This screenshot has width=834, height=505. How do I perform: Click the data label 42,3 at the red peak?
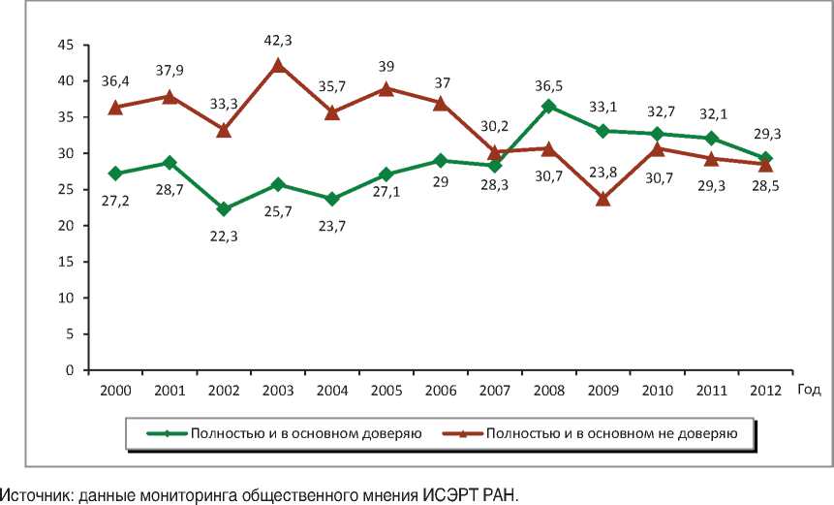pyautogui.click(x=277, y=42)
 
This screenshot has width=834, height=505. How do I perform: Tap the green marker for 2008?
pyautogui.click(x=549, y=106)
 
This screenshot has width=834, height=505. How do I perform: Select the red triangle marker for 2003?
pyautogui.click(x=278, y=66)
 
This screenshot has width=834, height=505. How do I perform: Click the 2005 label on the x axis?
pyautogui.click(x=386, y=390)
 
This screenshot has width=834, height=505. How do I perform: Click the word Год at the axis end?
pyautogui.click(x=809, y=390)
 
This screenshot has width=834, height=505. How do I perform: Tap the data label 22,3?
pyautogui.click(x=224, y=234)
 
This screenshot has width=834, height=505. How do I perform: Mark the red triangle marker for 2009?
pyautogui.click(x=603, y=199)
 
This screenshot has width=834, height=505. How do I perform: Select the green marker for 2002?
pyautogui.click(x=224, y=209)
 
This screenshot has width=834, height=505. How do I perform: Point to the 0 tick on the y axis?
pyautogui.click(x=70, y=370)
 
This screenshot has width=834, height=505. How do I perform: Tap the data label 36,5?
pyautogui.click(x=548, y=83)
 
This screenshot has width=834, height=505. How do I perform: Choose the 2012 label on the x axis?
pyautogui.click(x=766, y=390)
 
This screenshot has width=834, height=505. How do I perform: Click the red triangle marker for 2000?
pyautogui.click(x=115, y=108)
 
